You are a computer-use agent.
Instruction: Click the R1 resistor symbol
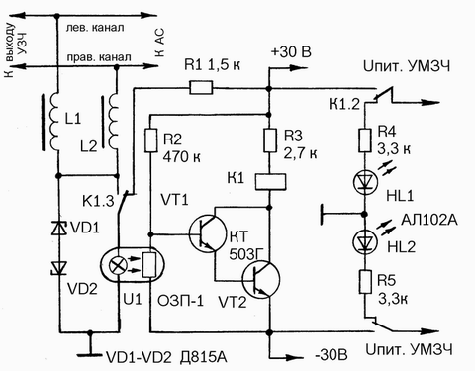click(201, 88)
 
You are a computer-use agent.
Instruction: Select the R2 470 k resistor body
click(150, 140)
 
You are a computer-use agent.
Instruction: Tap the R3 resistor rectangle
click(270, 140)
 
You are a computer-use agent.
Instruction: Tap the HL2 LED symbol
click(365, 242)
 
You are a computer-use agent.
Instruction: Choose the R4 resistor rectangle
click(365, 140)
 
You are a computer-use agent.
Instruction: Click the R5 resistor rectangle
click(365, 281)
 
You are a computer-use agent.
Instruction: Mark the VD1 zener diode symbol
click(59, 228)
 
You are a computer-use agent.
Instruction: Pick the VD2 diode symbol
click(59, 268)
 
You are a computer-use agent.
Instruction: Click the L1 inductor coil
click(54, 122)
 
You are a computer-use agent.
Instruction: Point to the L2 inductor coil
click(113, 122)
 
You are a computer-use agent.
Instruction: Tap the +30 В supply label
click(291, 52)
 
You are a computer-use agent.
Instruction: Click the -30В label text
click(331, 356)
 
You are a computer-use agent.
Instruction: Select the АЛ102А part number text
click(429, 220)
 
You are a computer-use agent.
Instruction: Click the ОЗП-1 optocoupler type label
click(180, 301)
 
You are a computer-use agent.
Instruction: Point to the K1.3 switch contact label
click(98, 201)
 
